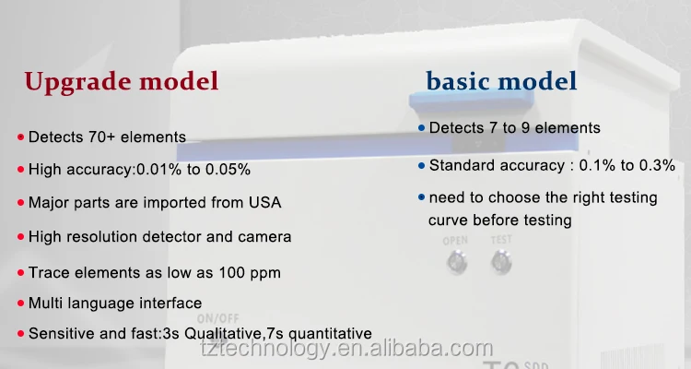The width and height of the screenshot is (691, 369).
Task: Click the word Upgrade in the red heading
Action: pyautogui.click(x=77, y=82)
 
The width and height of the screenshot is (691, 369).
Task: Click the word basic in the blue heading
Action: pyautogui.click(x=458, y=81)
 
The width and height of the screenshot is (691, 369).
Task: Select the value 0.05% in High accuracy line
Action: pyautogui.click(x=228, y=169)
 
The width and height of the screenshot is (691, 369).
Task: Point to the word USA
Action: pyautogui.click(x=264, y=202)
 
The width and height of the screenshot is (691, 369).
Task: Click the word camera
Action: pyautogui.click(x=264, y=236)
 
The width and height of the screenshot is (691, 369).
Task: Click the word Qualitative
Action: pyautogui.click(x=223, y=333)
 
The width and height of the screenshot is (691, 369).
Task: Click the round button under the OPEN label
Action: pyautogui.click(x=457, y=262)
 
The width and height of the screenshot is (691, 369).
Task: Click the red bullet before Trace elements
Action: pyautogui.click(x=20, y=273)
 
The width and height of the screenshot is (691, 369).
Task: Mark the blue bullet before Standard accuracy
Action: pyautogui.click(x=422, y=166)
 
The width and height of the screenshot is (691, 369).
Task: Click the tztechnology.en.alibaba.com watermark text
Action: pyautogui.click(x=346, y=349)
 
